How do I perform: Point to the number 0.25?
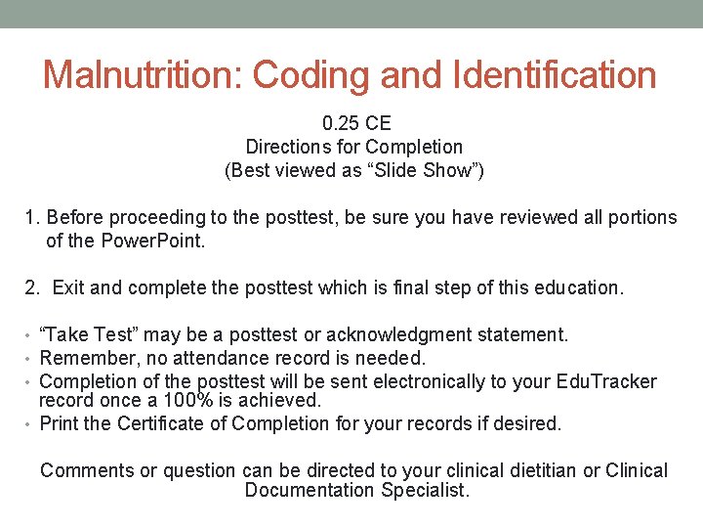click(x=341, y=124)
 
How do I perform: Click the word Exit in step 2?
click(x=69, y=288)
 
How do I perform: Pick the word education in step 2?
click(x=572, y=288)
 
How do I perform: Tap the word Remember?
click(x=84, y=358)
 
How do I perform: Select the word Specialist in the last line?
click(x=427, y=491)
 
